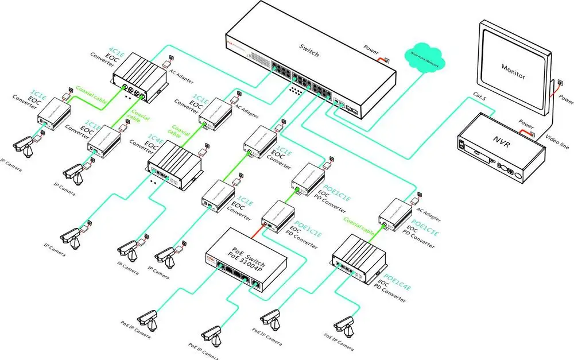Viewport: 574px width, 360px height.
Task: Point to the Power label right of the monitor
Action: (565, 99)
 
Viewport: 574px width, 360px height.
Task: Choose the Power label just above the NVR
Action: (526, 122)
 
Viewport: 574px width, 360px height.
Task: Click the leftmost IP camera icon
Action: (25, 146)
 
